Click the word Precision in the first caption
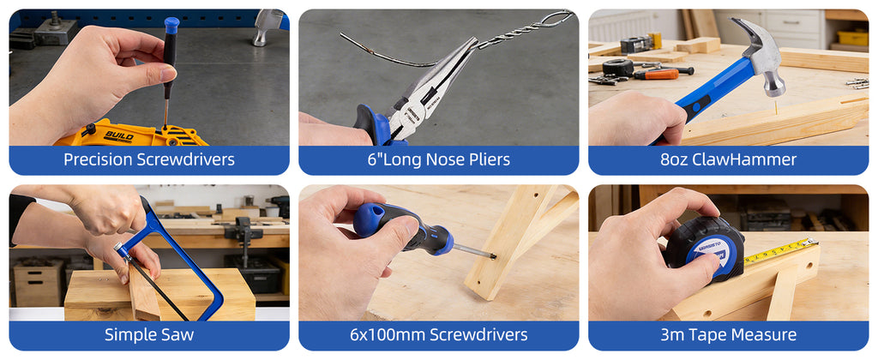coord(99,160)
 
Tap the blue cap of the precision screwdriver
coord(171,25)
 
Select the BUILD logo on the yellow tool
coord(118,136)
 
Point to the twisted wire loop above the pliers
coord(551,20)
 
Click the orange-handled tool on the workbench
coord(656,75)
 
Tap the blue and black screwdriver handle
coord(401,228)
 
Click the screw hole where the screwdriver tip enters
coord(493,256)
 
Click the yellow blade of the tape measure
coord(780,251)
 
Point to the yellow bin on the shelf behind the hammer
coord(852,38)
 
